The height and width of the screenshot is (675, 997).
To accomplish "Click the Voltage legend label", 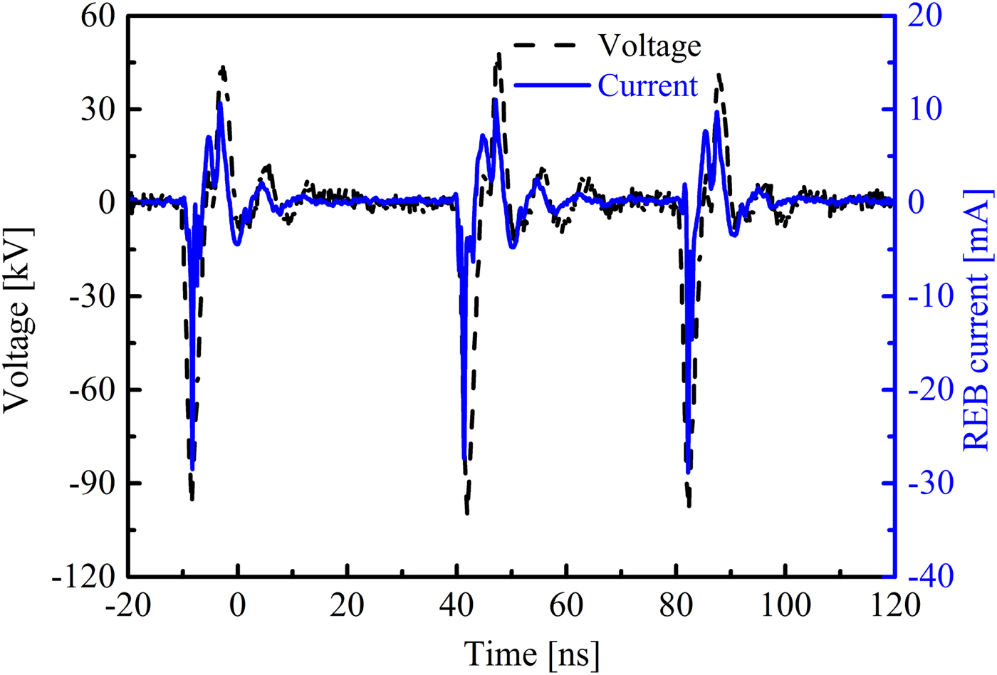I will pos(649,46).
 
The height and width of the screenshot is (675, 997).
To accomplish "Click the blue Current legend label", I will pos(647,85).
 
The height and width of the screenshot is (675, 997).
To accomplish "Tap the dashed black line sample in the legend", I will pos(544,46).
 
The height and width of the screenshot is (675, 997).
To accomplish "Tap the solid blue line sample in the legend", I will pos(552,85).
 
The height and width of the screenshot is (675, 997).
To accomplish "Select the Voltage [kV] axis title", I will pos(19,319).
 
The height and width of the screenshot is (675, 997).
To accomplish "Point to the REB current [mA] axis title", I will pos(977,320).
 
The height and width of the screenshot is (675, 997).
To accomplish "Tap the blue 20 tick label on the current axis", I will pos(924,17).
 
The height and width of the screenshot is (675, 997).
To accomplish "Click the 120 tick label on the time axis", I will pos(893,606).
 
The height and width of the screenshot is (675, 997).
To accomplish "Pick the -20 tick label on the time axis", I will pos(129,606).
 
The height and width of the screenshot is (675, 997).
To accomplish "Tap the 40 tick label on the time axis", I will pos(456,606).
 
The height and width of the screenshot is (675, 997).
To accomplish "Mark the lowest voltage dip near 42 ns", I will pos(467,512).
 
